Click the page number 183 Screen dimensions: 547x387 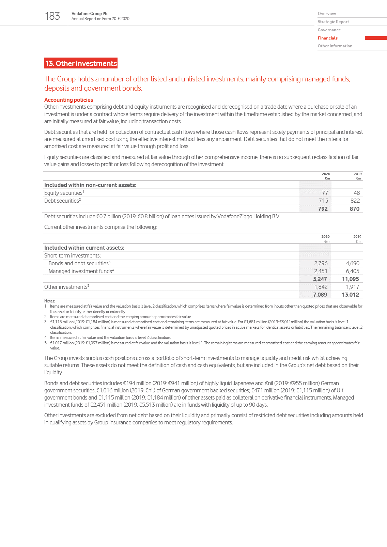tap(52, 16)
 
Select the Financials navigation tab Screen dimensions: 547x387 tap(328, 38)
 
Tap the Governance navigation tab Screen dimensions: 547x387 tap(329, 30)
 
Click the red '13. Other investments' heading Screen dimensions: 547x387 tap(81, 63)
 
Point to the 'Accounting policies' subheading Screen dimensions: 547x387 tap(68, 100)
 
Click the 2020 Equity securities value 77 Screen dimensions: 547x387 tap(325, 193)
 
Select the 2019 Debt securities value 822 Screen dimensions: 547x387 tap(355, 201)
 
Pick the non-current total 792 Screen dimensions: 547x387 tap(323, 209)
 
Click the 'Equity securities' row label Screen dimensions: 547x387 tap(64, 193)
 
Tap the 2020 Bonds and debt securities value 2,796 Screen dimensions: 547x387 tap(321, 263)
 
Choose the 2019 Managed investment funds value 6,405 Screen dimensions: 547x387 tap(352, 271)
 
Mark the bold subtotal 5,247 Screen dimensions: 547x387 tap(320, 279)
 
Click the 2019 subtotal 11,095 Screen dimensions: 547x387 tap(350, 279)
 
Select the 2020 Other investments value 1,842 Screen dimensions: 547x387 tap(321, 287)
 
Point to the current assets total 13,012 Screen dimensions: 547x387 tap(350, 295)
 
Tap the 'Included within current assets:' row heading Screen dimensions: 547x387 tap(84, 248)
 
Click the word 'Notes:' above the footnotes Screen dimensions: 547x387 tap(49, 301)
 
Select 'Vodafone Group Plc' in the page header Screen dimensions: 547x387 tap(90, 14)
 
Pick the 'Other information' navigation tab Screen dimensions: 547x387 tap(335, 46)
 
